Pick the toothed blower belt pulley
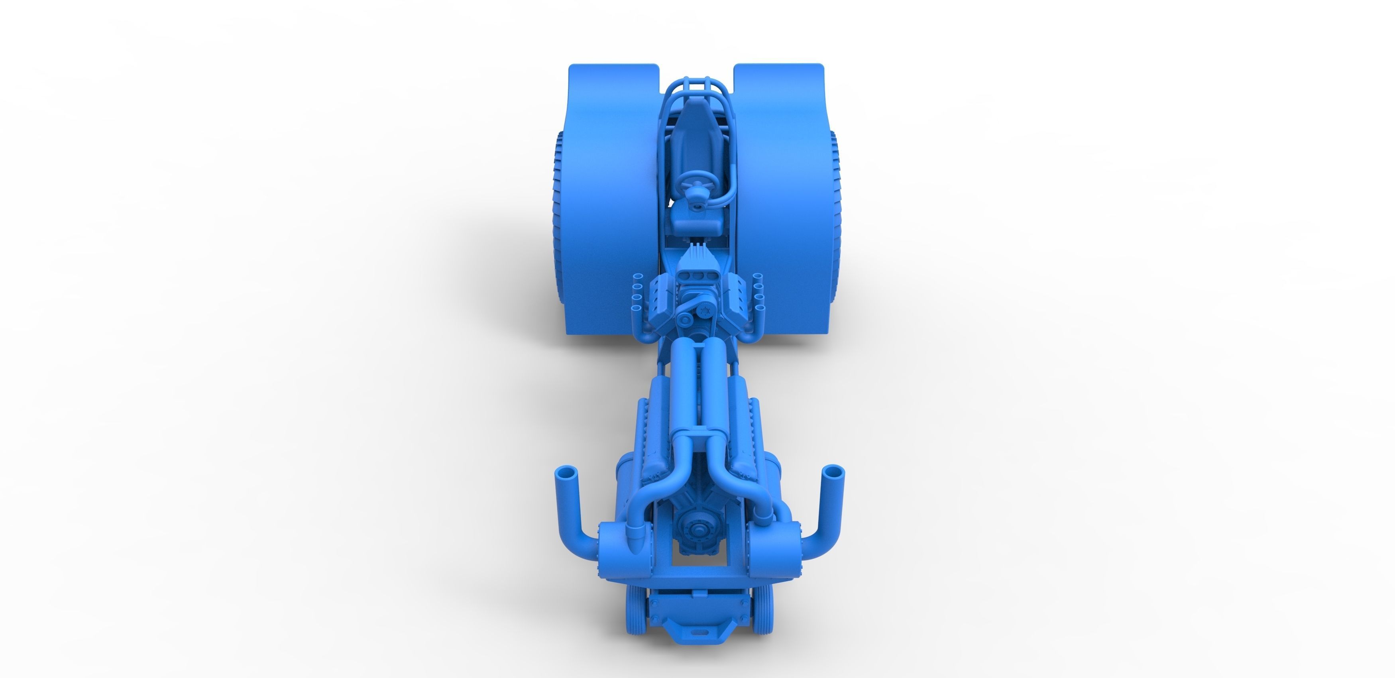pos(704,310)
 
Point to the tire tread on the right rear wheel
pos(835,216)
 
